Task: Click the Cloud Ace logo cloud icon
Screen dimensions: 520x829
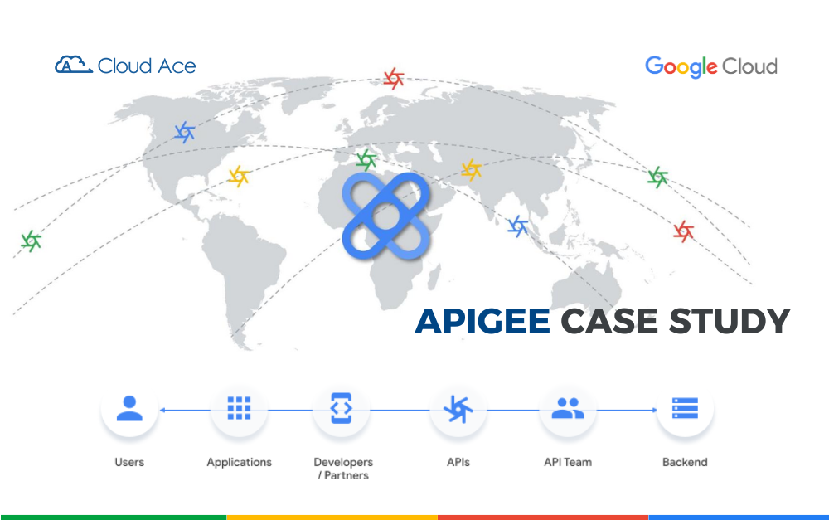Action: (x=73, y=65)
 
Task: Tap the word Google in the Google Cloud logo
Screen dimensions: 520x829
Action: (x=681, y=66)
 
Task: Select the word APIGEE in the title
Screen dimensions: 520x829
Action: (x=482, y=321)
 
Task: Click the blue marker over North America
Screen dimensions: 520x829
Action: (x=184, y=131)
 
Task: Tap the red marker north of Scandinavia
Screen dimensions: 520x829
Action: (x=394, y=79)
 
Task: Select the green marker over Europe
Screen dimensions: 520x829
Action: (x=366, y=159)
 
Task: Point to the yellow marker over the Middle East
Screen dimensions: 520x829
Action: (x=471, y=170)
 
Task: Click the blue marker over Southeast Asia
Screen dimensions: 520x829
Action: (x=518, y=226)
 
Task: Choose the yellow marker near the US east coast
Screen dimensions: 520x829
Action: (x=239, y=176)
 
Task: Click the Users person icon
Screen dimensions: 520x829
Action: (x=128, y=409)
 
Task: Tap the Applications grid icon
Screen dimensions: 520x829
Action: (x=239, y=409)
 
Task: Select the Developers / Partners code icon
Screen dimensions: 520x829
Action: (x=342, y=409)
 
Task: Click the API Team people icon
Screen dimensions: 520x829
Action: (x=567, y=409)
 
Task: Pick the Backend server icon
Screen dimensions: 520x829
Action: (x=685, y=409)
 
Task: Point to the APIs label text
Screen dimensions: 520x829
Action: (x=458, y=462)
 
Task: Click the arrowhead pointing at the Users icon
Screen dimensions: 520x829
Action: (x=162, y=410)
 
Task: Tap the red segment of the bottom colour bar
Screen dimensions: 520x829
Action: (x=542, y=517)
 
